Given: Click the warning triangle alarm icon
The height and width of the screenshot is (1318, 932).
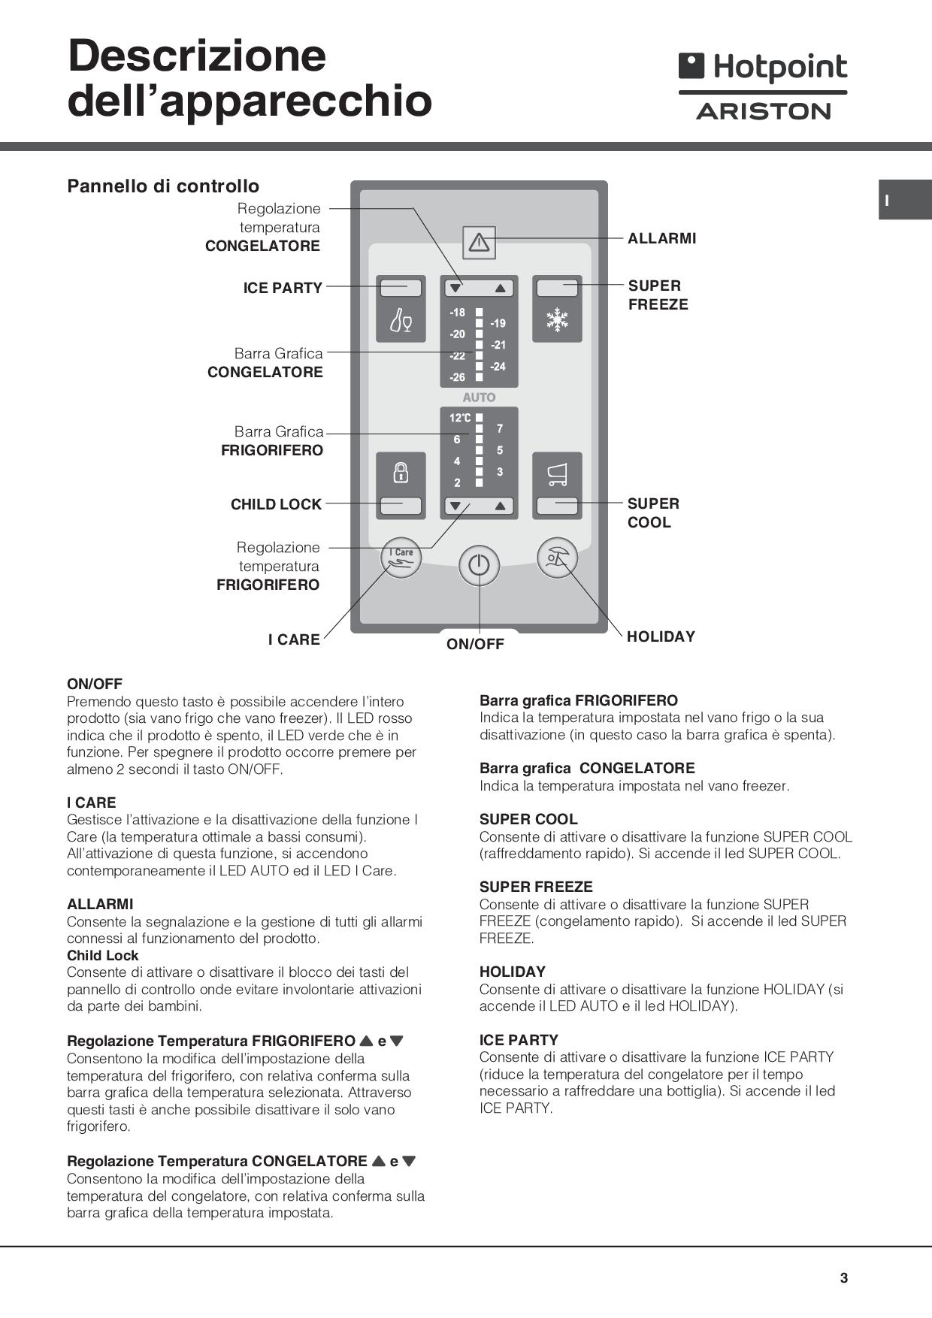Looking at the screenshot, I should point(479,242).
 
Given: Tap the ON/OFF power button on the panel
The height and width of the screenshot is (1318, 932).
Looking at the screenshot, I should point(479,564).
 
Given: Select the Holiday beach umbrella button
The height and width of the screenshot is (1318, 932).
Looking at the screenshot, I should point(557,558).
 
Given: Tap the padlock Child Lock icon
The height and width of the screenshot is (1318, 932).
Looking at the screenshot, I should point(401,473).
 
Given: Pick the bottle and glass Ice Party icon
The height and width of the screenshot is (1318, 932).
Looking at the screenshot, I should point(401,321).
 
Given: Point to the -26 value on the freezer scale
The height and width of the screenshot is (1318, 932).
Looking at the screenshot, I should point(457,377).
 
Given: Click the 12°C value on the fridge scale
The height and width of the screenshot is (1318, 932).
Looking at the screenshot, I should point(460,418).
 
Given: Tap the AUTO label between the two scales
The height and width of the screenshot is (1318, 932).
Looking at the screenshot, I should point(479,398).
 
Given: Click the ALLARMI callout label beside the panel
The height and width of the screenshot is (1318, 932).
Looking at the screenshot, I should point(661,238).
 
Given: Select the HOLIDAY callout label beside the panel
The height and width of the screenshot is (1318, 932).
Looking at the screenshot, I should point(661,636).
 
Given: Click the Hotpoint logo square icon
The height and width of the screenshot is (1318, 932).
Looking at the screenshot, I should point(691,66).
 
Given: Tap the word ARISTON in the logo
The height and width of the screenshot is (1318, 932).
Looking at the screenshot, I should point(763,112).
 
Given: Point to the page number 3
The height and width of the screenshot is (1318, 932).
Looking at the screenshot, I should point(844,1277).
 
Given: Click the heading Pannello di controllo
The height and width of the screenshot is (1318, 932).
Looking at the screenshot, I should point(163,186).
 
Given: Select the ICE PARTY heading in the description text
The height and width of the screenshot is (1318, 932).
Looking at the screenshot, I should point(519,1040).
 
